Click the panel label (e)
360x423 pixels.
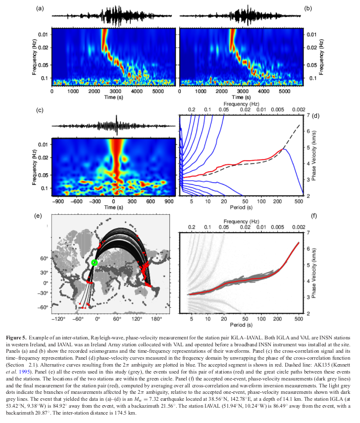click(x=38, y=216)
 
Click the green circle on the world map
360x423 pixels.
click(x=94, y=262)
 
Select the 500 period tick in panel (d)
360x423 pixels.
click(x=299, y=202)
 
